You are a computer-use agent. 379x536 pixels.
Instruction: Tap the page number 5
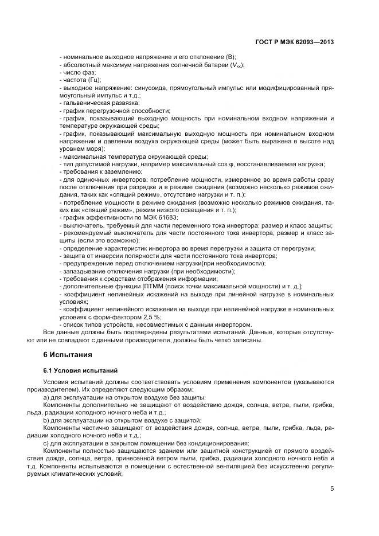tap(331, 488)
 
